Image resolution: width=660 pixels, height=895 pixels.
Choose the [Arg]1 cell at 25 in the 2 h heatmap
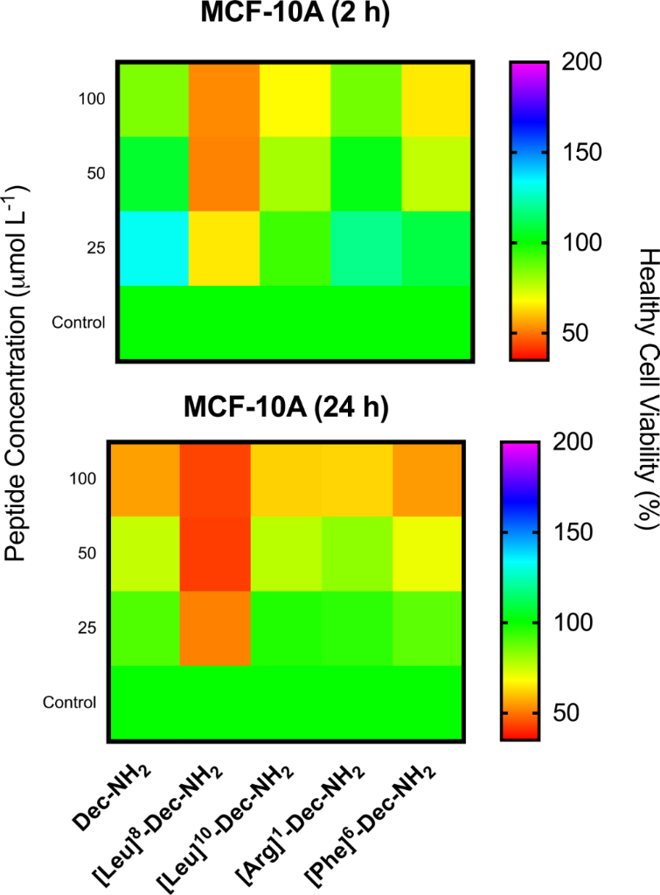[365, 248]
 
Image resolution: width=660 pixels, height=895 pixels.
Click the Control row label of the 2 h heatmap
[79, 323]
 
